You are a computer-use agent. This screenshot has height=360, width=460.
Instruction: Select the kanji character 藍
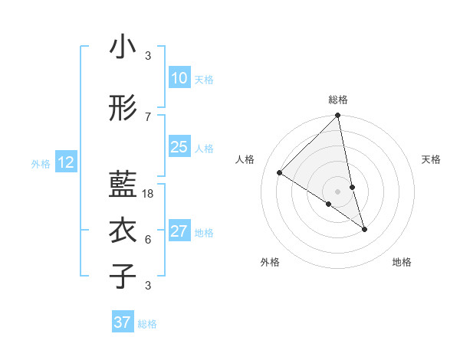pyautogui.click(x=123, y=185)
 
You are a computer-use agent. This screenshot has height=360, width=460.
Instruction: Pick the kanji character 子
pyautogui.click(x=123, y=277)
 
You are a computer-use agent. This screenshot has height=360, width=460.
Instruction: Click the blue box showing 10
pyautogui.click(x=179, y=78)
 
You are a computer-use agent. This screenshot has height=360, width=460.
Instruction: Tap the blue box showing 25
pyautogui.click(x=179, y=147)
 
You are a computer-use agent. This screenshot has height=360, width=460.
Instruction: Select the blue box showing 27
pyautogui.click(x=179, y=231)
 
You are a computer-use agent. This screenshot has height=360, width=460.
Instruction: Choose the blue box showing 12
pyautogui.click(x=66, y=162)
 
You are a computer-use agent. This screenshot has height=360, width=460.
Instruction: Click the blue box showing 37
pyautogui.click(x=122, y=322)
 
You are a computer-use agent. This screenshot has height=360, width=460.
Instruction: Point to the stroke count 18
pyautogui.click(x=149, y=194)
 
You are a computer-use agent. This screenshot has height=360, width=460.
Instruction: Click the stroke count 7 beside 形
pyautogui.click(x=148, y=117)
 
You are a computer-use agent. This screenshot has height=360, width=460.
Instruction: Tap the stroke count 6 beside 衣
pyautogui.click(x=148, y=240)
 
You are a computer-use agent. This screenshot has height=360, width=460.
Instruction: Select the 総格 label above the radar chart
pyautogui.click(x=338, y=100)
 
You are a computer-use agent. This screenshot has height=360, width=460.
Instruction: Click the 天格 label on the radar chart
pyautogui.click(x=432, y=159)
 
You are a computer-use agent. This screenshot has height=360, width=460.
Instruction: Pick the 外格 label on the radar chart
pyautogui.click(x=270, y=262)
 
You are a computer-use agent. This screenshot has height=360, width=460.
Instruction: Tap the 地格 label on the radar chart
pyautogui.click(x=402, y=262)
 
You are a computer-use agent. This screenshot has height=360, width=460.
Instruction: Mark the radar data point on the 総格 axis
pyautogui.click(x=338, y=116)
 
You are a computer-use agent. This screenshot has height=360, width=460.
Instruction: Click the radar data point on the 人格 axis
pyautogui.click(x=280, y=173)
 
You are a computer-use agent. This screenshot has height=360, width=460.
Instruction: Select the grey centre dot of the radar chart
pyautogui.click(x=338, y=191)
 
